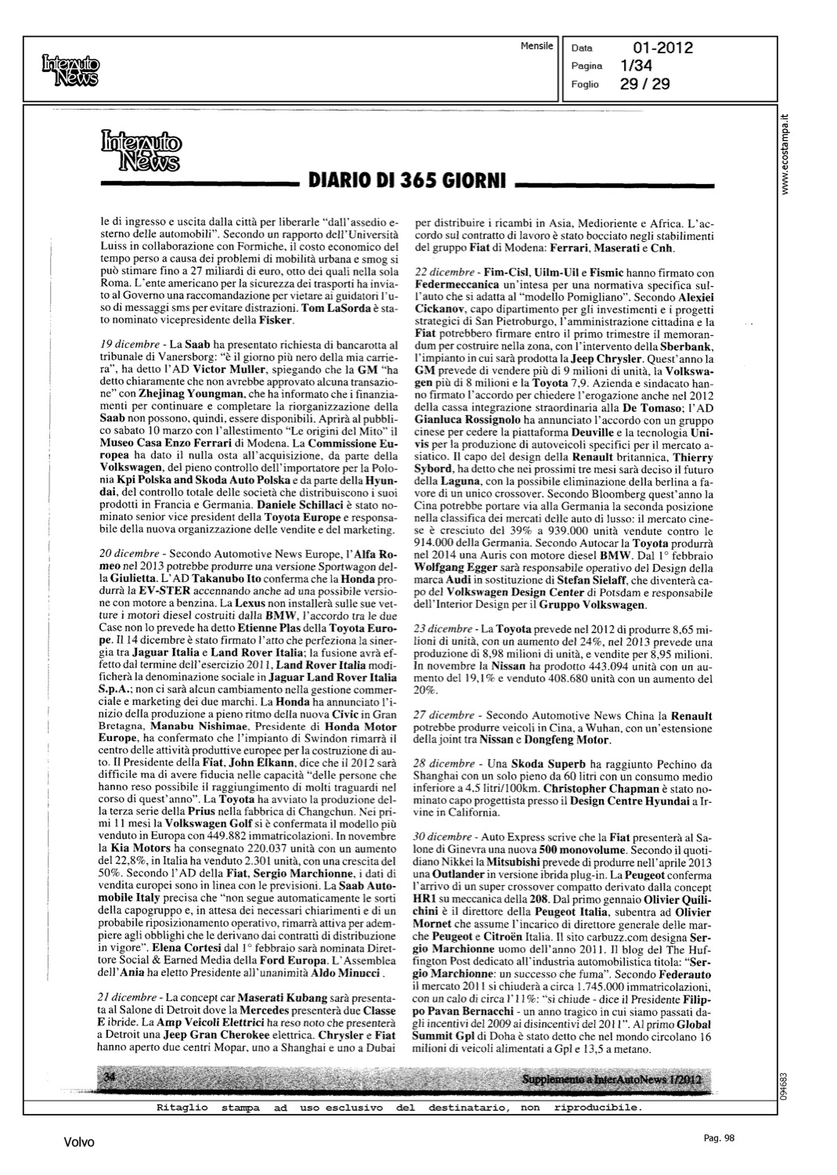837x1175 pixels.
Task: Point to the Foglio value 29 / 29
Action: tap(644, 84)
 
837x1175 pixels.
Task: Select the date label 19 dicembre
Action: tap(129, 344)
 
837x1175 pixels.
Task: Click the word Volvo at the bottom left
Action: tap(79, 1142)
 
